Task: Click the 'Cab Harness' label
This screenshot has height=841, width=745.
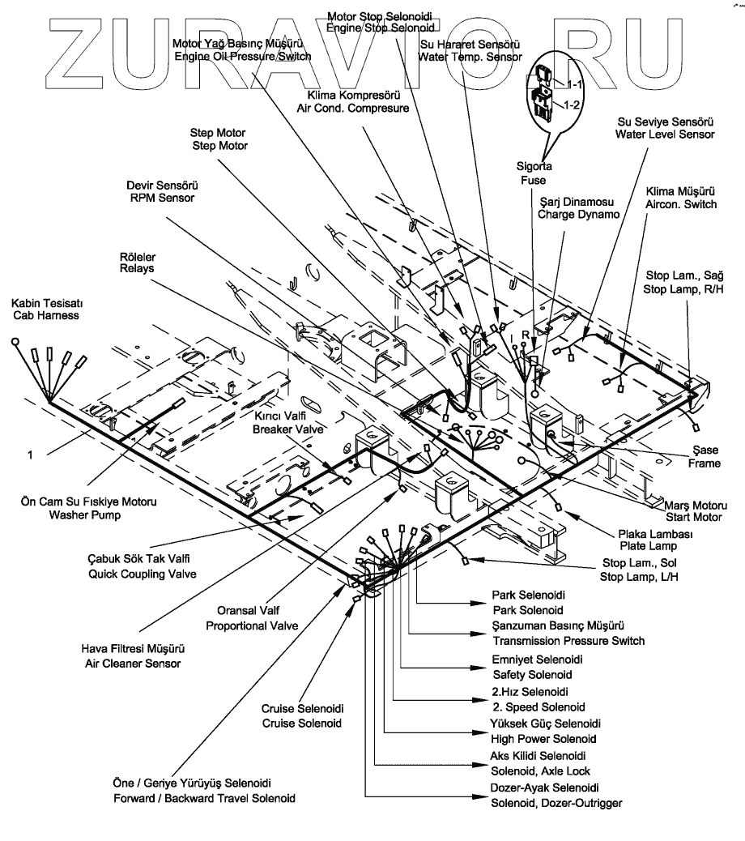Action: coord(45,316)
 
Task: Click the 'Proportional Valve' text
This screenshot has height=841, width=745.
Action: coord(252,625)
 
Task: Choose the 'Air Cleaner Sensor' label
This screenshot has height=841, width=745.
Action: coord(134,663)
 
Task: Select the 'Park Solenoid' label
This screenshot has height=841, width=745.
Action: coord(528,609)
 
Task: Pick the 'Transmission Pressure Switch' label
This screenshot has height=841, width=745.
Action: coord(568,641)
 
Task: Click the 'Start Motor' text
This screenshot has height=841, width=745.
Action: coord(693,516)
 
